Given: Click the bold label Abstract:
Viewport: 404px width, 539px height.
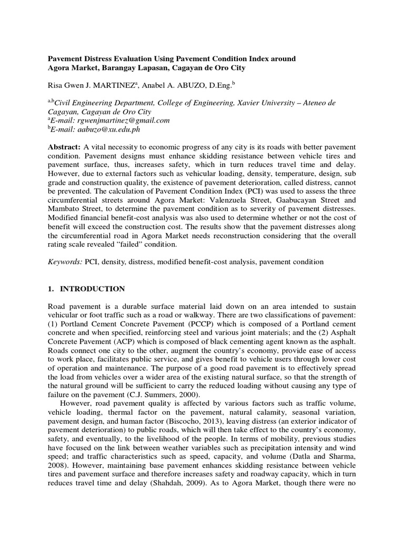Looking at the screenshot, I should click(x=64, y=146).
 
